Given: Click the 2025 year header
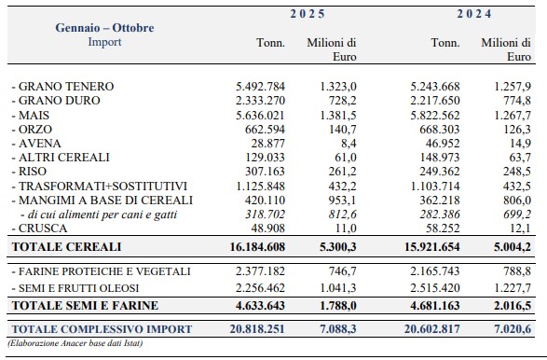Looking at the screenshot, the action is [308, 14].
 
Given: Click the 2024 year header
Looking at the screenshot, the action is [474, 14].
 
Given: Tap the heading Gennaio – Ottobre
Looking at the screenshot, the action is [104, 28].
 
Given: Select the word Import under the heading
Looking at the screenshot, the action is [104, 42].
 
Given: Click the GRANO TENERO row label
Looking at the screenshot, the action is [62, 86].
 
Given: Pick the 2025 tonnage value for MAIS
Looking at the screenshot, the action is [260, 116].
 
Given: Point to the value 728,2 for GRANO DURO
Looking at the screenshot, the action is [342, 101].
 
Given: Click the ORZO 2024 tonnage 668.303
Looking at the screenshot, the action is [440, 130].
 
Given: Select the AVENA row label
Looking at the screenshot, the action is [36, 144].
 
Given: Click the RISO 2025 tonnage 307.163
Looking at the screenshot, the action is [265, 172].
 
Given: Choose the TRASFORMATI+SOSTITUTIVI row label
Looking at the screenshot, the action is [100, 187].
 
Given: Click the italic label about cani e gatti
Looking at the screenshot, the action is [99, 215].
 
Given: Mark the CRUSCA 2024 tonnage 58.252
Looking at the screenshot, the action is [443, 228].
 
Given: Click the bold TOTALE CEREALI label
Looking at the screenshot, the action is [66, 247].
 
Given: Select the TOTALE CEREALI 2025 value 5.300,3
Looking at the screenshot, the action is [337, 247].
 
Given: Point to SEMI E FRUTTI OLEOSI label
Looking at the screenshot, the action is [75, 288].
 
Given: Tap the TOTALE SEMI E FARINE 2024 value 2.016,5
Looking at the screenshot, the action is [513, 306].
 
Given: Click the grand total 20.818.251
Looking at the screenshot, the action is [257, 329].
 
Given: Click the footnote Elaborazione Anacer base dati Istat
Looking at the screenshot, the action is [75, 343].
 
